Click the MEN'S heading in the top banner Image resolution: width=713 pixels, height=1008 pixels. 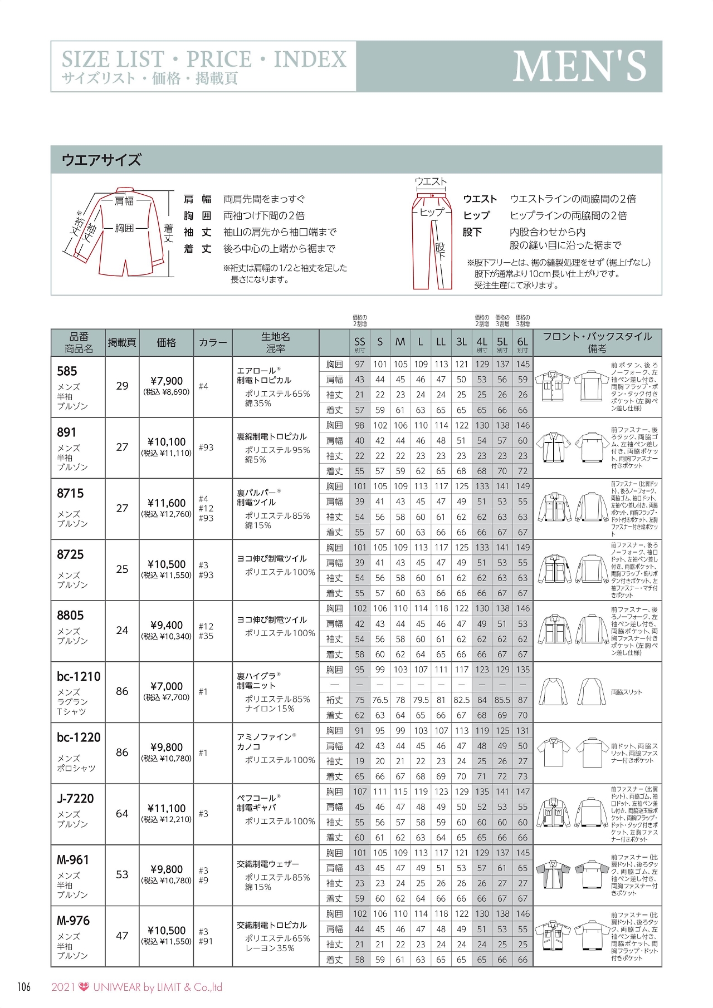tap(579, 66)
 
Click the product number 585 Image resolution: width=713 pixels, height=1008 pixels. tap(67, 371)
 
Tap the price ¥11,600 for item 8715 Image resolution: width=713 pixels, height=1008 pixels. tap(166, 503)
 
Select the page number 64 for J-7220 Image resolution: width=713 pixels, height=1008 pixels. tap(122, 814)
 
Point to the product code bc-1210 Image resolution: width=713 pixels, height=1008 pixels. tap(79, 677)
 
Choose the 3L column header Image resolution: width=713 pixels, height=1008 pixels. tap(461, 342)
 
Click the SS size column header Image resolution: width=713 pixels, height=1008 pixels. tap(360, 342)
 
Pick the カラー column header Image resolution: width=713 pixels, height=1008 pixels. tap(213, 342)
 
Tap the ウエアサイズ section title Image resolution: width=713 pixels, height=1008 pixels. tap(101, 160)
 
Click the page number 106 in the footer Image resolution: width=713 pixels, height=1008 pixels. tap(24, 987)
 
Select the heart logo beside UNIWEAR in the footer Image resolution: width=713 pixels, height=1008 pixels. tap(85, 987)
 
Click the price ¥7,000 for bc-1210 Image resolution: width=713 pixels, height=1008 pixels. tap(166, 687)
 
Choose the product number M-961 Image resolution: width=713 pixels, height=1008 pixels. tap(73, 860)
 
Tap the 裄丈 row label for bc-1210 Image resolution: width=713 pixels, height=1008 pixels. tap(335, 700)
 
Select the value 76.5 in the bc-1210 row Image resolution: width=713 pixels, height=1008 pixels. tap(380, 700)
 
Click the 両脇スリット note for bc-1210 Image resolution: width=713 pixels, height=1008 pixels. tap(626, 692)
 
